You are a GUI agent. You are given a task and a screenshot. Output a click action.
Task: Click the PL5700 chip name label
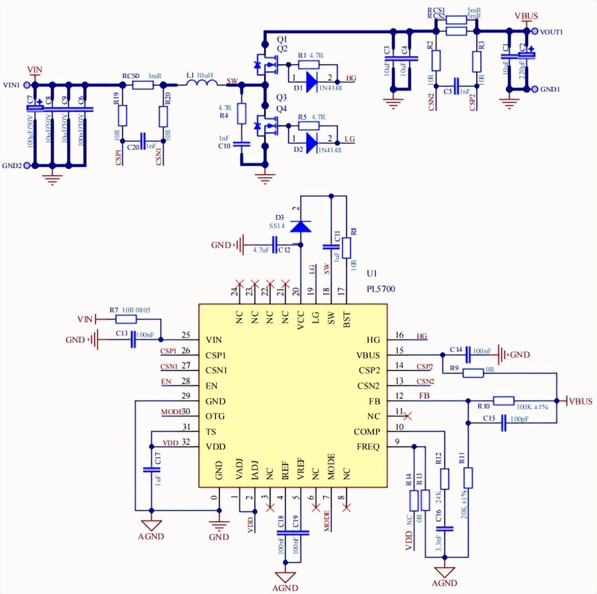click(381, 289)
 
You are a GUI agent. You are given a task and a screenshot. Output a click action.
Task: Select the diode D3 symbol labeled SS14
click(301, 226)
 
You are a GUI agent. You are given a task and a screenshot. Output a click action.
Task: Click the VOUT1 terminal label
click(551, 32)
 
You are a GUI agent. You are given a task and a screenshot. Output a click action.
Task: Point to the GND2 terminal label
click(12, 166)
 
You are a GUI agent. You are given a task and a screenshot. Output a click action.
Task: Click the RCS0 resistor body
click(143, 84)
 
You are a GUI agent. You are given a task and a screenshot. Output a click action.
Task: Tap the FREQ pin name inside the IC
click(368, 447)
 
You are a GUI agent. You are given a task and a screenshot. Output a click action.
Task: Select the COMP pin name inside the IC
click(367, 432)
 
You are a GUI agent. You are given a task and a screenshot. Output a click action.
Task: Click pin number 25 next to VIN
click(186, 335)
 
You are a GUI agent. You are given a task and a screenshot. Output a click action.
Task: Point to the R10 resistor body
click(504, 400)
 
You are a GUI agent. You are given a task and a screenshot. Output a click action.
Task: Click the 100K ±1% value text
click(531, 408)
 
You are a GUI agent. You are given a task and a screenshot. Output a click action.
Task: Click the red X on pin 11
click(407, 415)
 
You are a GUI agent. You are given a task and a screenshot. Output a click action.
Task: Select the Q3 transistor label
click(281, 98)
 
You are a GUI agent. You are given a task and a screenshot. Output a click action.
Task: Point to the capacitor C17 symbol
click(151, 470)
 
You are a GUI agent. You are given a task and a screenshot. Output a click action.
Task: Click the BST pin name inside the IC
click(347, 319)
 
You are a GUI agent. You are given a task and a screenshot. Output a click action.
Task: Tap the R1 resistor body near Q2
click(308, 64)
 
